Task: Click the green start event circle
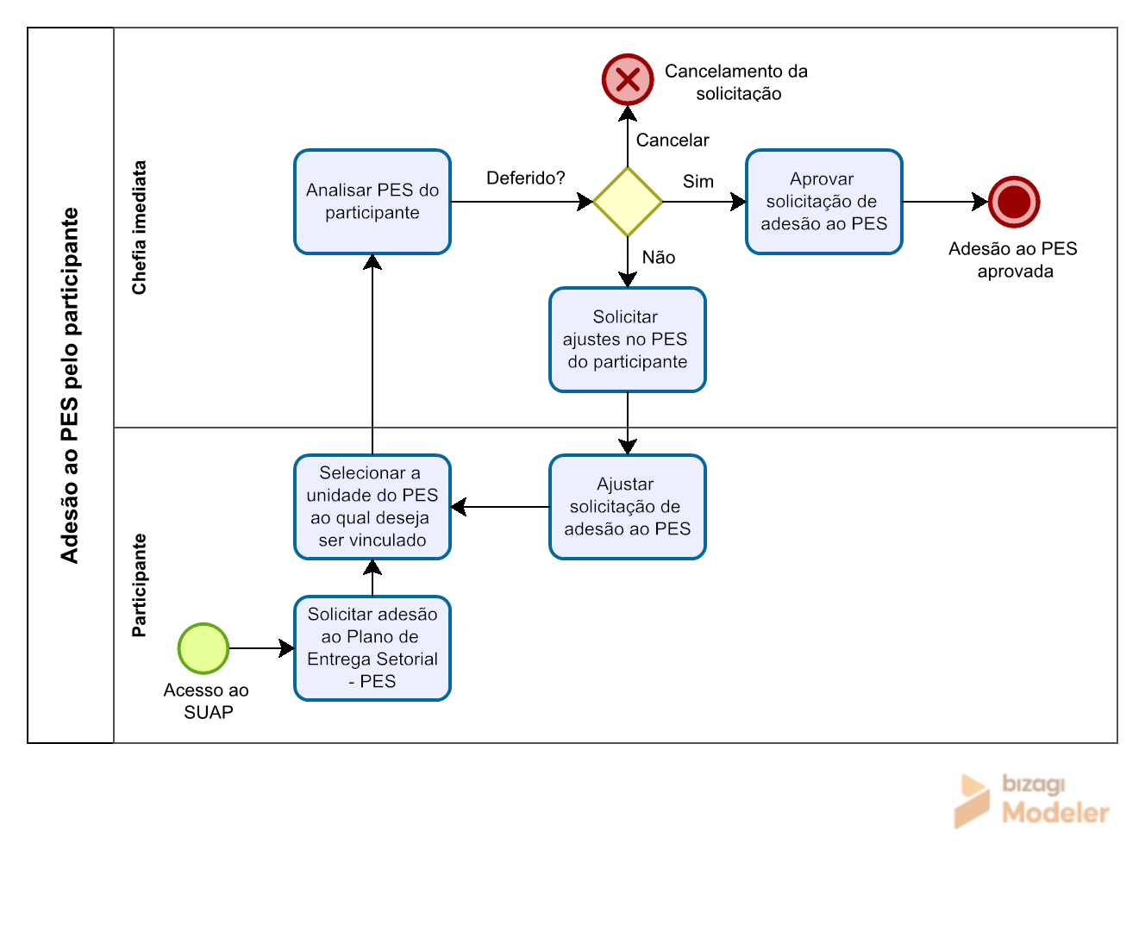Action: click(x=203, y=648)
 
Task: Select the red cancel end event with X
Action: click(x=628, y=79)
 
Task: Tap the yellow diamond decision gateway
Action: click(x=628, y=202)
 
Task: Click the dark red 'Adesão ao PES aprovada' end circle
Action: click(x=1014, y=202)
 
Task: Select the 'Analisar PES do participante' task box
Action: click(x=372, y=202)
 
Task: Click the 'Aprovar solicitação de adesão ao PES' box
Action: click(x=823, y=202)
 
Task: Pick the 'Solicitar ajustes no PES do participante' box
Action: click(x=628, y=340)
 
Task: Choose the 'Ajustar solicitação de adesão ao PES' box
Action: click(x=628, y=507)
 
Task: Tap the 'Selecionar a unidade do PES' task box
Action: click(x=372, y=507)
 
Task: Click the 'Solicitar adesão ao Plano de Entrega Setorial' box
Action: click(x=372, y=648)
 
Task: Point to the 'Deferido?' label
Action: click(x=525, y=178)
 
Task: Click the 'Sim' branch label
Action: click(x=698, y=181)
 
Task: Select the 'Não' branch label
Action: click(x=659, y=257)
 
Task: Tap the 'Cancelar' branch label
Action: click(x=673, y=140)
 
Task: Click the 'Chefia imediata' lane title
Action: click(x=139, y=228)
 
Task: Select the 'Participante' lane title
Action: click(x=139, y=584)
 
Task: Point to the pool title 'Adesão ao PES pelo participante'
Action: click(x=70, y=385)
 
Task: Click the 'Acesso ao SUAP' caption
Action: click(x=206, y=701)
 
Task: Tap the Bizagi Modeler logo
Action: click(x=1031, y=801)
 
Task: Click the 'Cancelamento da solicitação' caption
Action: click(x=736, y=82)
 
